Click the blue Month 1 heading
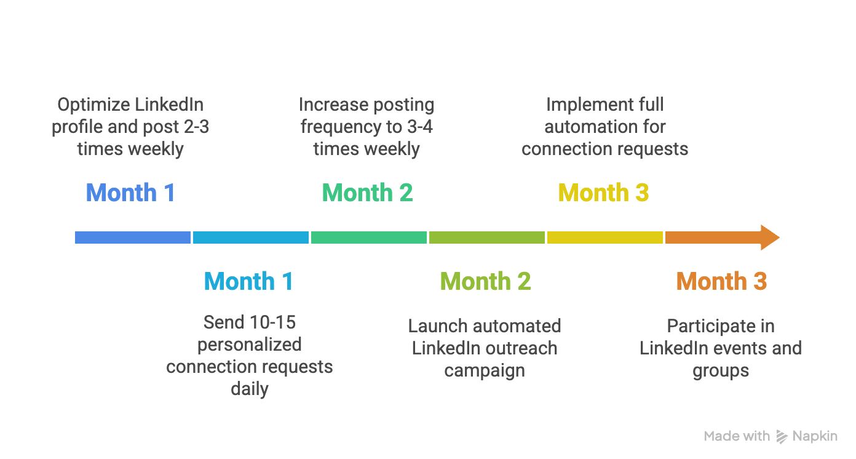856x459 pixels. click(x=131, y=193)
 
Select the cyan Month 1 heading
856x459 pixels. click(x=249, y=281)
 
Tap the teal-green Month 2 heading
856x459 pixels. click(x=367, y=193)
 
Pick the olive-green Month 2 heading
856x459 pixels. click(x=485, y=281)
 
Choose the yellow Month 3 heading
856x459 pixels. click(x=603, y=193)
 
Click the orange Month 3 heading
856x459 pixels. click(x=721, y=281)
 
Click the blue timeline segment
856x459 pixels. click(x=133, y=237)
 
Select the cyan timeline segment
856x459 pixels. click(x=251, y=237)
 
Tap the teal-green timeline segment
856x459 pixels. click(x=369, y=237)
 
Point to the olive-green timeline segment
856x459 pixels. click(x=487, y=237)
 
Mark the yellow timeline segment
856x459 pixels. click(x=605, y=237)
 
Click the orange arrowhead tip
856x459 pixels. click(x=780, y=237)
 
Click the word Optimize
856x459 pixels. click(x=94, y=105)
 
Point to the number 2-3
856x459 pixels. click(x=196, y=127)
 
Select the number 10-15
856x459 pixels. click(x=272, y=322)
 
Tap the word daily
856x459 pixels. click(x=250, y=389)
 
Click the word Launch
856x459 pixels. click(x=438, y=326)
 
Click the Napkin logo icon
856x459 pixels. click(x=782, y=437)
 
